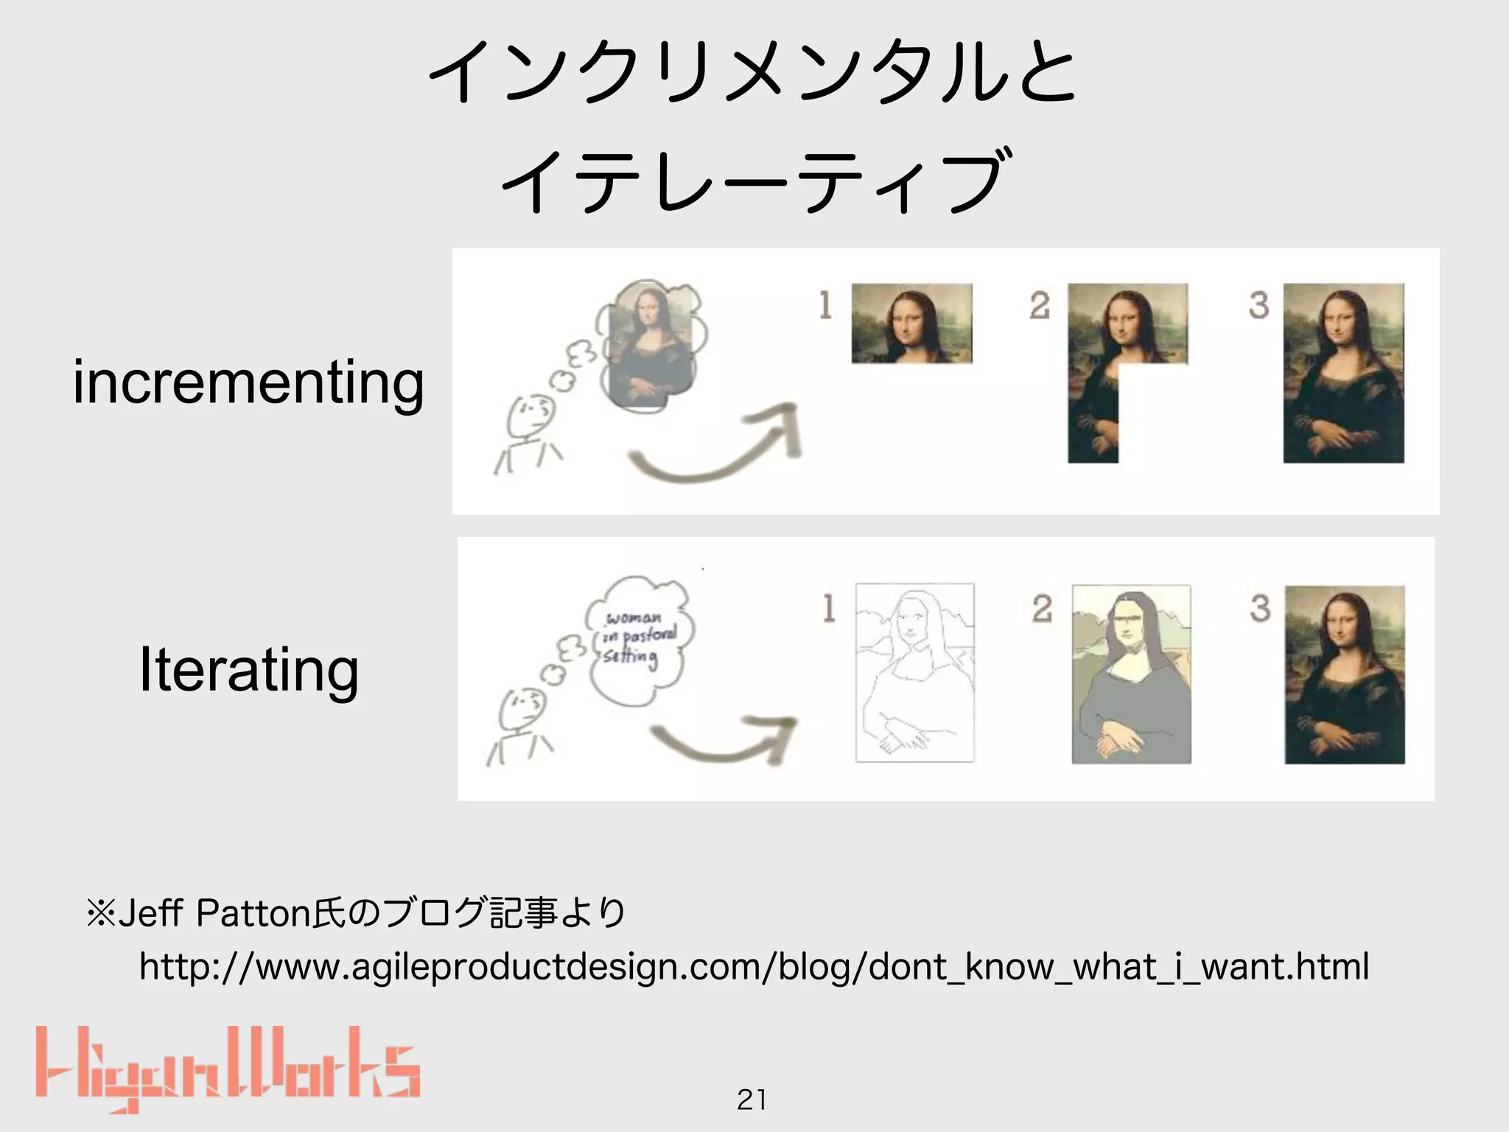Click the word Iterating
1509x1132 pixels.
(x=249, y=668)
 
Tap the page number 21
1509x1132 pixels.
(x=752, y=1100)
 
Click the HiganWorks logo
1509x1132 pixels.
(x=228, y=1069)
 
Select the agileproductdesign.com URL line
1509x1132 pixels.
(x=754, y=966)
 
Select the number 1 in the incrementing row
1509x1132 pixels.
(x=825, y=305)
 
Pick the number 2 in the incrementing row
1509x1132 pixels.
(x=1040, y=305)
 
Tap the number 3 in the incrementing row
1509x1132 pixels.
(x=1258, y=305)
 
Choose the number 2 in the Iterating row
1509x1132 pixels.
(x=1042, y=609)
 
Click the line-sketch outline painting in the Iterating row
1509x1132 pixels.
(x=914, y=673)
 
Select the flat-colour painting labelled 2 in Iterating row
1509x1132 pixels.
(x=1131, y=674)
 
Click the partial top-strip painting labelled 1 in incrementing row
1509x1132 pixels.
(x=911, y=324)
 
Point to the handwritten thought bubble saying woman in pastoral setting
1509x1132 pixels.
(x=637, y=638)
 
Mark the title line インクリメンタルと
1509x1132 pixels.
(x=754, y=72)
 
